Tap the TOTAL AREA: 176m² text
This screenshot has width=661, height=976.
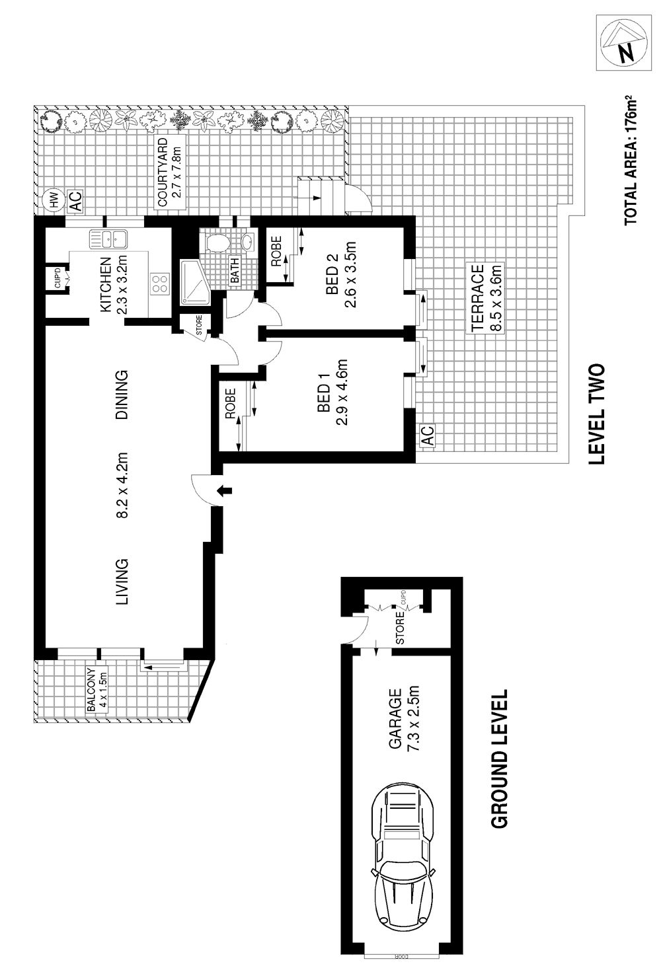[630, 159]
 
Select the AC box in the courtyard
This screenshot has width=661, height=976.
[75, 202]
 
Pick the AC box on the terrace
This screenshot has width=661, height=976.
[428, 435]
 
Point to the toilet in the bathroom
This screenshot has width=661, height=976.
[215, 243]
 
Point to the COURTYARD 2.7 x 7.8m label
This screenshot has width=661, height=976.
[169, 172]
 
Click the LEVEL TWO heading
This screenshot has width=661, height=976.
[597, 414]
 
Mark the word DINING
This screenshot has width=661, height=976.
[122, 394]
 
